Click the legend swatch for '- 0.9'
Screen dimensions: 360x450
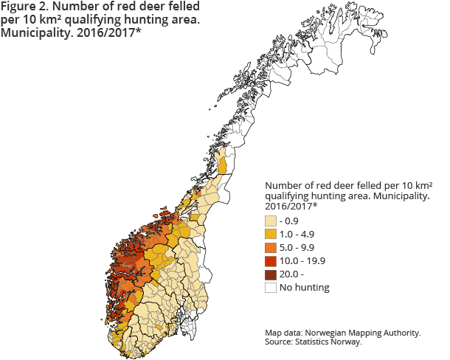pyautogui.click(x=271, y=221)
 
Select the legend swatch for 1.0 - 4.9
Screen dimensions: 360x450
pyautogui.click(x=271, y=234)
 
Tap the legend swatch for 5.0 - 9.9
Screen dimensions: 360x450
pyautogui.click(x=271, y=247)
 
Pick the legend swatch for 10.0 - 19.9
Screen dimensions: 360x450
pyautogui.click(x=271, y=260)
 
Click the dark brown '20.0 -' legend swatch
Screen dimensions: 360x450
pyautogui.click(x=271, y=274)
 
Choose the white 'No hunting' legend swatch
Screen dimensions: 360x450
pyautogui.click(x=271, y=287)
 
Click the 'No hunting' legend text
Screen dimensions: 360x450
pyautogui.click(x=304, y=287)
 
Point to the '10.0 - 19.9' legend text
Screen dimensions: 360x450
pyautogui.click(x=302, y=260)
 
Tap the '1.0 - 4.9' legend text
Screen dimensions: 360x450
pyautogui.click(x=299, y=234)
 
